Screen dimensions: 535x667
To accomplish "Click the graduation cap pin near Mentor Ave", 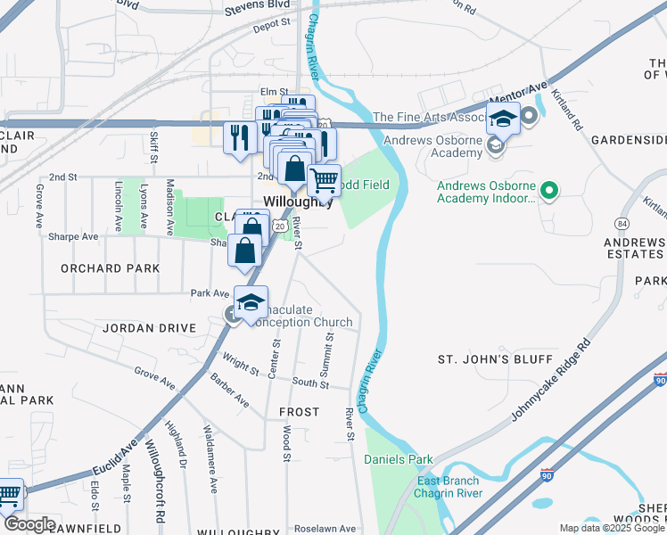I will click(x=503, y=117).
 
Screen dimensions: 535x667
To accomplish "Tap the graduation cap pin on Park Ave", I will click(x=251, y=301).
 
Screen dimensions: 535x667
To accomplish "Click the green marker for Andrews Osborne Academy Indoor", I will click(x=550, y=189).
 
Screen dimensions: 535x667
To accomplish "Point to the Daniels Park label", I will click(x=399, y=460).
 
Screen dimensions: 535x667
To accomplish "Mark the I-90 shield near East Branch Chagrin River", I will click(x=548, y=478).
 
